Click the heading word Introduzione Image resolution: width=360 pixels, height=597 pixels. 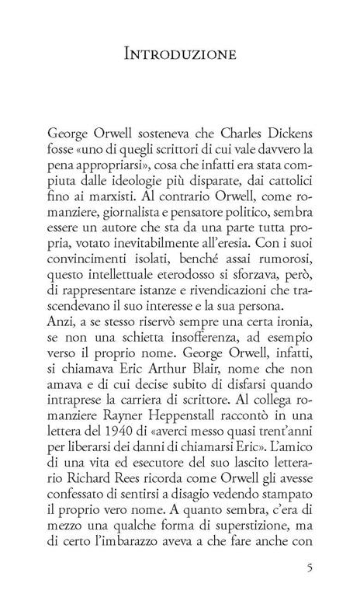tap(179, 54)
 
